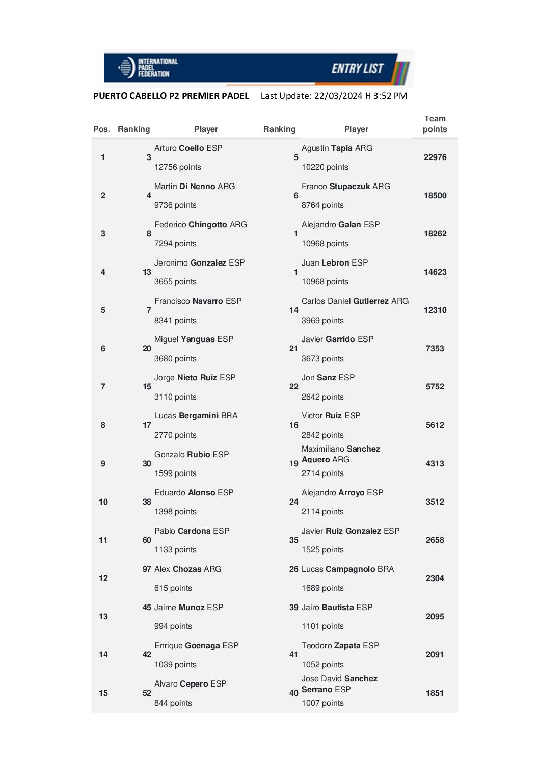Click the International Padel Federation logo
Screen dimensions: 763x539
pyautogui.click(x=148, y=67)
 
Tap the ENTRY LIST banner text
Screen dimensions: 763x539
pyautogui.click(x=357, y=68)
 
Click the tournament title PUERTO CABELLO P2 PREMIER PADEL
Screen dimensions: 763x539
pyautogui.click(x=171, y=96)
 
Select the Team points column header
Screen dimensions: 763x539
pyautogui.click(x=435, y=124)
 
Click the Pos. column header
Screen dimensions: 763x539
pyautogui.click(x=101, y=129)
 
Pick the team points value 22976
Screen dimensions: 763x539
pyautogui.click(x=435, y=157)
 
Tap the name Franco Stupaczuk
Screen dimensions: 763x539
pyautogui.click(x=345, y=187)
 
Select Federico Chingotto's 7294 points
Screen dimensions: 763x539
pyautogui.click(x=175, y=244)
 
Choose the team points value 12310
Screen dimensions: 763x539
pyautogui.click(x=435, y=310)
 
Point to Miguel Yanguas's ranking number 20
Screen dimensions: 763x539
pyautogui.click(x=147, y=349)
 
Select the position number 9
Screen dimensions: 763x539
pyautogui.click(x=103, y=464)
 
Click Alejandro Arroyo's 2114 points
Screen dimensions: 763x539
pyautogui.click(x=322, y=512)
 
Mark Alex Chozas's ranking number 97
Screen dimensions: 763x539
pyautogui.click(x=147, y=569)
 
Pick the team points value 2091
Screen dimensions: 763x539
pyautogui.click(x=435, y=655)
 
